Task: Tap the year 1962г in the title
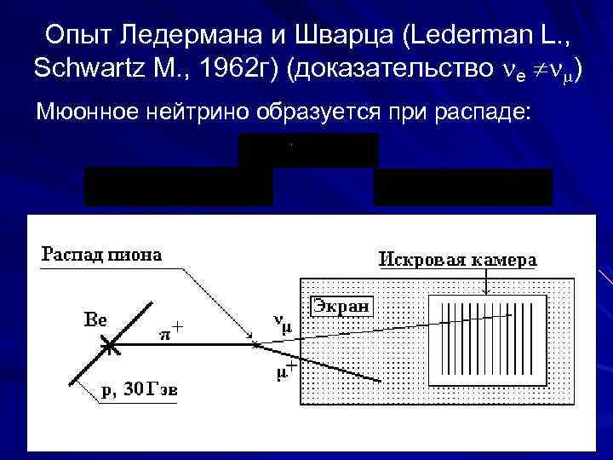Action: [237, 69]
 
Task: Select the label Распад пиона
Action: [102, 255]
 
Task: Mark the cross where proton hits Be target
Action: [108, 346]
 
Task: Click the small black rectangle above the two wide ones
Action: [308, 150]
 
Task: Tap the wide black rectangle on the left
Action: [179, 187]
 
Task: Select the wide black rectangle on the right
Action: [462, 187]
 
